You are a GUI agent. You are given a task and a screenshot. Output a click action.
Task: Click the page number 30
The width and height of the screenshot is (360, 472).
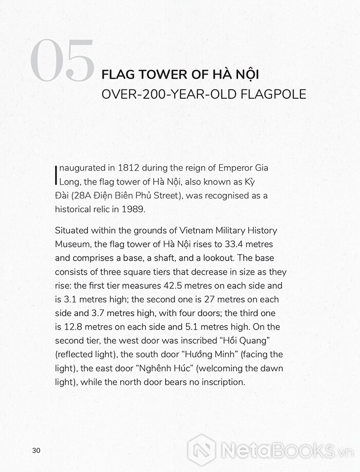coord(36,450)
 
